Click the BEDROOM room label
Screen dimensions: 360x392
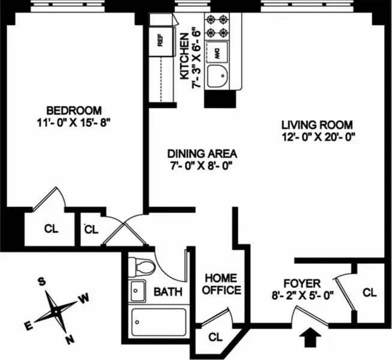click(74, 110)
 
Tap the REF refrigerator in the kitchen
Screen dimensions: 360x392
click(160, 41)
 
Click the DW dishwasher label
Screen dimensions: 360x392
click(217, 52)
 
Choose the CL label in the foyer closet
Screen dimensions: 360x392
click(370, 293)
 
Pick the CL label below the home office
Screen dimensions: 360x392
click(216, 337)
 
